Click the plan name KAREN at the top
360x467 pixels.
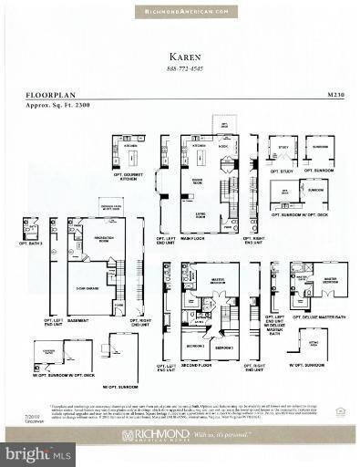(x=180, y=54)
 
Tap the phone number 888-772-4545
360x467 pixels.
(x=180, y=68)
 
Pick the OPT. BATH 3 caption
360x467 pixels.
(x=29, y=247)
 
